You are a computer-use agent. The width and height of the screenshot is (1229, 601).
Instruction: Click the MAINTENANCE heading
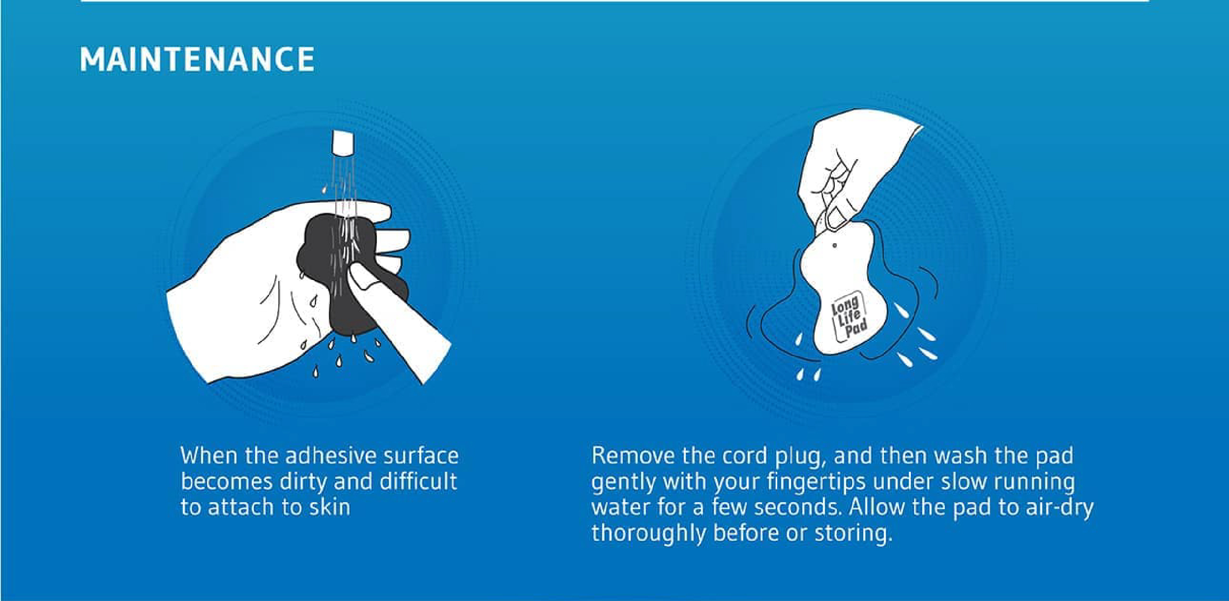click(197, 59)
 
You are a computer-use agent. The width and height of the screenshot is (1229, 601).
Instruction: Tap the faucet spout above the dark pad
click(343, 143)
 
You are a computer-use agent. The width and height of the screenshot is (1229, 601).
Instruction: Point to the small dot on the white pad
click(835, 245)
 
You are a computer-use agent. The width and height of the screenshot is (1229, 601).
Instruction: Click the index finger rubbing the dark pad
click(393, 315)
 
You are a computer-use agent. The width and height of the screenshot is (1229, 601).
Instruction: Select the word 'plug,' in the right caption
click(799, 457)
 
